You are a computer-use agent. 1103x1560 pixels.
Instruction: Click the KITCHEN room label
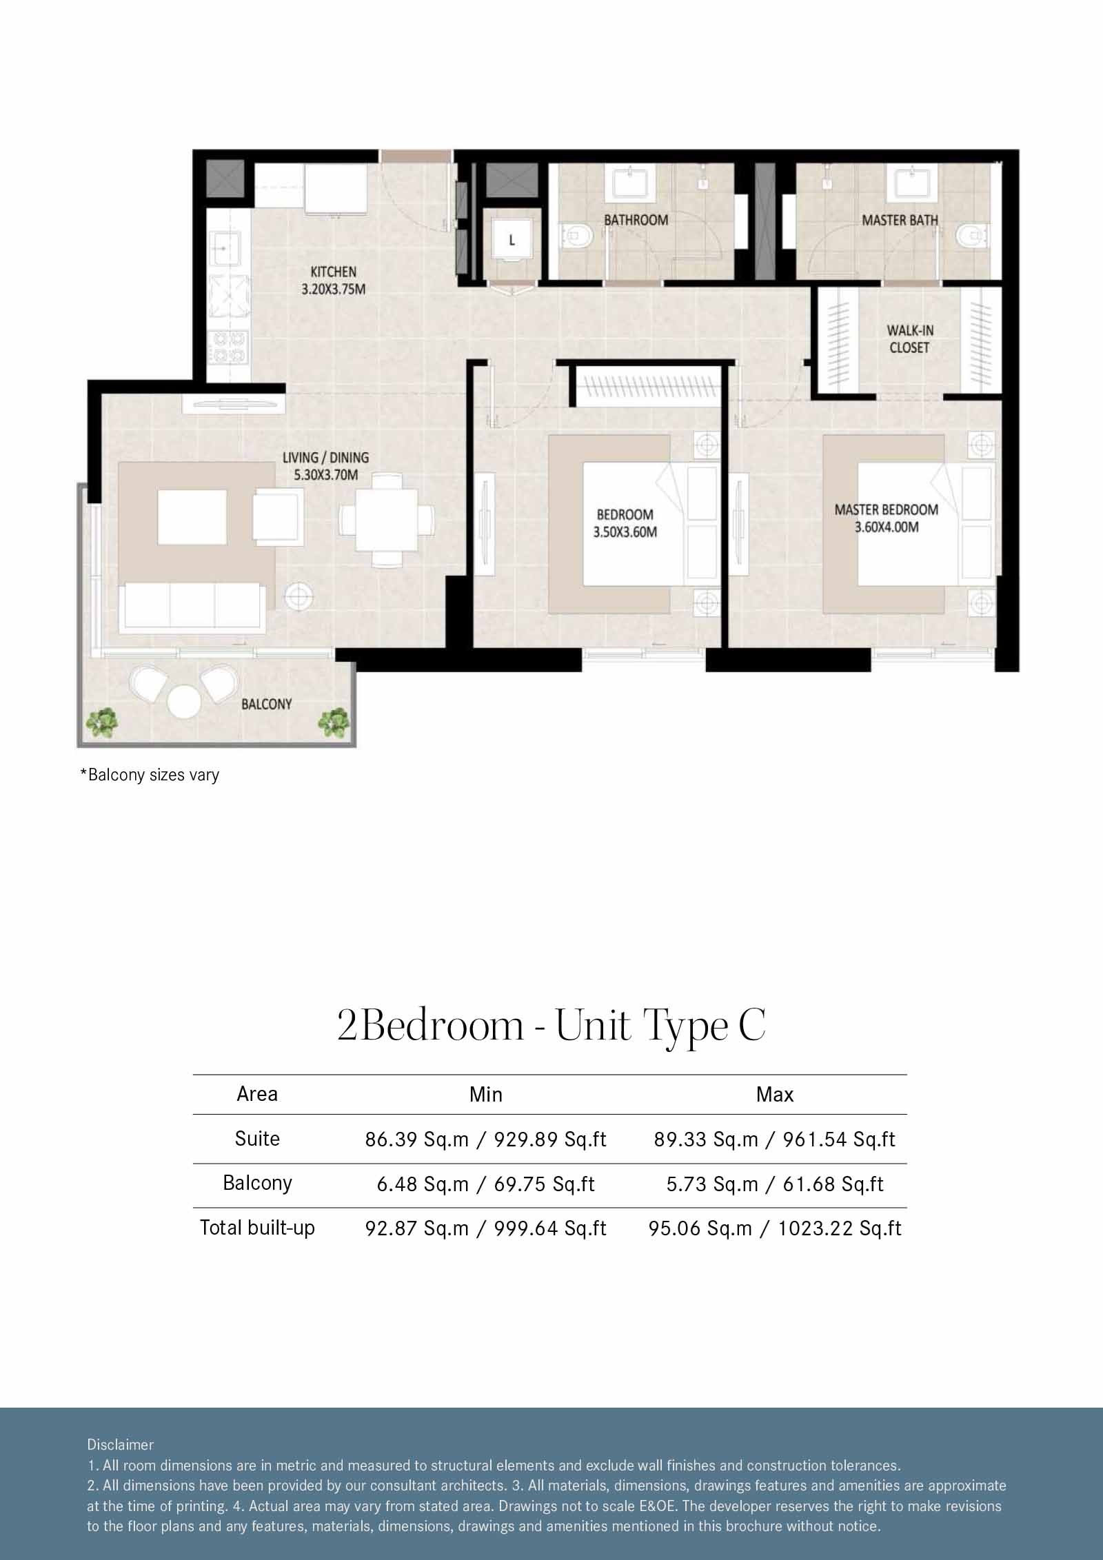[333, 272]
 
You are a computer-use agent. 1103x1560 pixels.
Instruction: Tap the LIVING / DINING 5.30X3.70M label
[325, 465]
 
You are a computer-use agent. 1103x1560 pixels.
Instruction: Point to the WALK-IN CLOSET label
[909, 339]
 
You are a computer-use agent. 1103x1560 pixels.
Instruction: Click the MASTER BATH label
[900, 221]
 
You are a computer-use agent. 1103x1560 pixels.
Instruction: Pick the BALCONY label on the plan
[266, 704]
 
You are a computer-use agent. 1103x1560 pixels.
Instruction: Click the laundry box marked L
[512, 241]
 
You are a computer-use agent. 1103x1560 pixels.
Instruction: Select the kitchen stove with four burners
[228, 347]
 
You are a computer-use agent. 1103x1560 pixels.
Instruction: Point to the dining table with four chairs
[387, 519]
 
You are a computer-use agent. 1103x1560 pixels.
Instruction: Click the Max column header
[774, 1095]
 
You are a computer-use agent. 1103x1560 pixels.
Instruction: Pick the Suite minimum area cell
[485, 1139]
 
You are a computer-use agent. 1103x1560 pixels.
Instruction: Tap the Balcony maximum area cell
[774, 1184]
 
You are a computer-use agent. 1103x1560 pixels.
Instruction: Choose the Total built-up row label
[257, 1228]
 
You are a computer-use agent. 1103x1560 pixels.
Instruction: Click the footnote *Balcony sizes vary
[150, 775]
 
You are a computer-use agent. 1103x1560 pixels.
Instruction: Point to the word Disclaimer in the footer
[120, 1445]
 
